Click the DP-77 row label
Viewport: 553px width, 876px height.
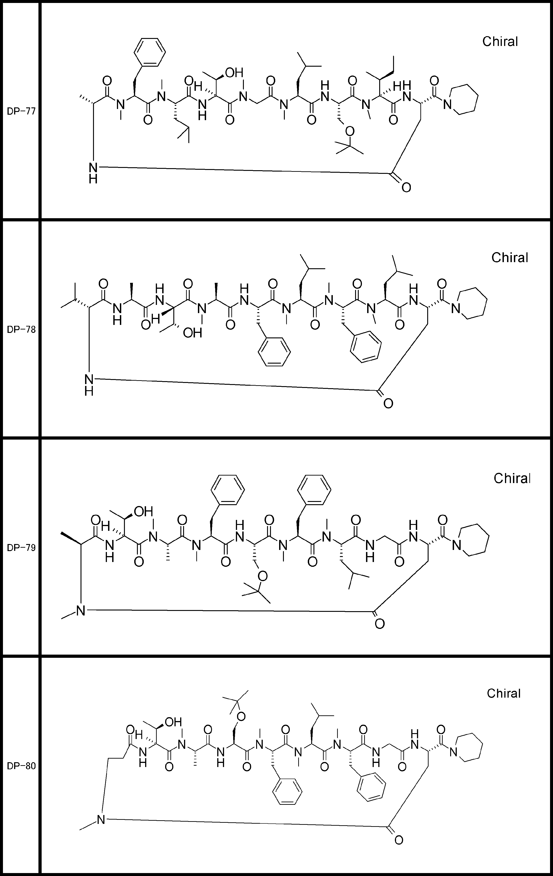click(x=21, y=111)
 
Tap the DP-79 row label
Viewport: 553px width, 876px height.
click(x=21, y=548)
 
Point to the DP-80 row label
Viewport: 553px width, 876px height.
click(x=21, y=766)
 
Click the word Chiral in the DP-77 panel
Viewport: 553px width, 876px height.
click(x=500, y=41)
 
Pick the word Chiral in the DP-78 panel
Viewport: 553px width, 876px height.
click(x=509, y=258)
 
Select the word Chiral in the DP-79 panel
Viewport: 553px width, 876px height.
click(x=512, y=478)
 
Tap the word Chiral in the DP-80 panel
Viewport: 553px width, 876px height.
click(x=503, y=693)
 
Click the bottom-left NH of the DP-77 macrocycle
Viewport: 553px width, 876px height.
click(x=93, y=172)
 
